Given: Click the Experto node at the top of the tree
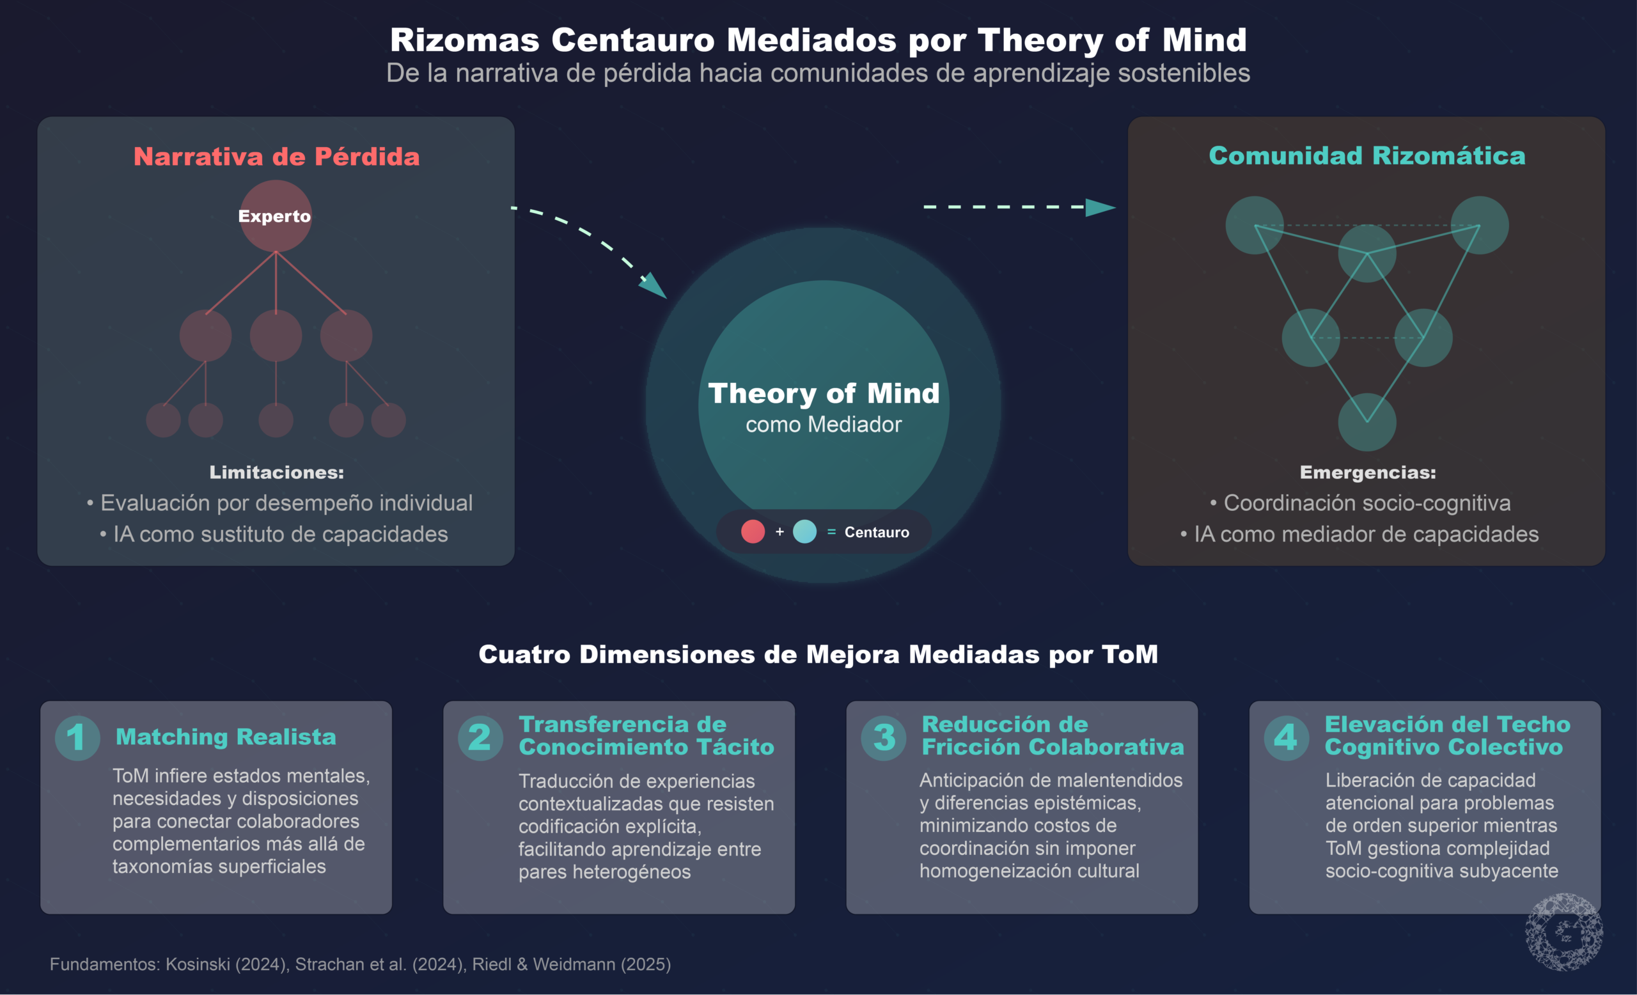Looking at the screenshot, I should pos(275,216).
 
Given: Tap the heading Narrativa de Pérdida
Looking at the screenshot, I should pos(276,157).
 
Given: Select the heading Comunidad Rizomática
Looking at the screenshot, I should pos(1367,156).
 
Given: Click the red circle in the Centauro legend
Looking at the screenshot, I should pos(753,531).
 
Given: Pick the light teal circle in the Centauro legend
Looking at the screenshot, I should pos(804,531).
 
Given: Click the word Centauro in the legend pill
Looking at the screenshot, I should pos(876,532).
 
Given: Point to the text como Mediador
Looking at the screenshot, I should pos(823,425).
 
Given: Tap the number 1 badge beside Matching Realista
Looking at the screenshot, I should pos(77,737).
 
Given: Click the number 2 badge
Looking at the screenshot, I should pos(480,737).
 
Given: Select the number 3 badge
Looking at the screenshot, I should pos(884,737).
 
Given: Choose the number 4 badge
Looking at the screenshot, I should pos(1286,737).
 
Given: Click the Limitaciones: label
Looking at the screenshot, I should pos(276,473).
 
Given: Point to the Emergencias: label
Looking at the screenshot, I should pos(1367,473).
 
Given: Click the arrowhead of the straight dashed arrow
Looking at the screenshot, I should pos(1100,207).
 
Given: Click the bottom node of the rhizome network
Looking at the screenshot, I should pos(1367,422).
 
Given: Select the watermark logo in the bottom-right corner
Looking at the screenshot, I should pos(1564,931).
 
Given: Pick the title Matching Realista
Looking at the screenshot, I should pos(226,737).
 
